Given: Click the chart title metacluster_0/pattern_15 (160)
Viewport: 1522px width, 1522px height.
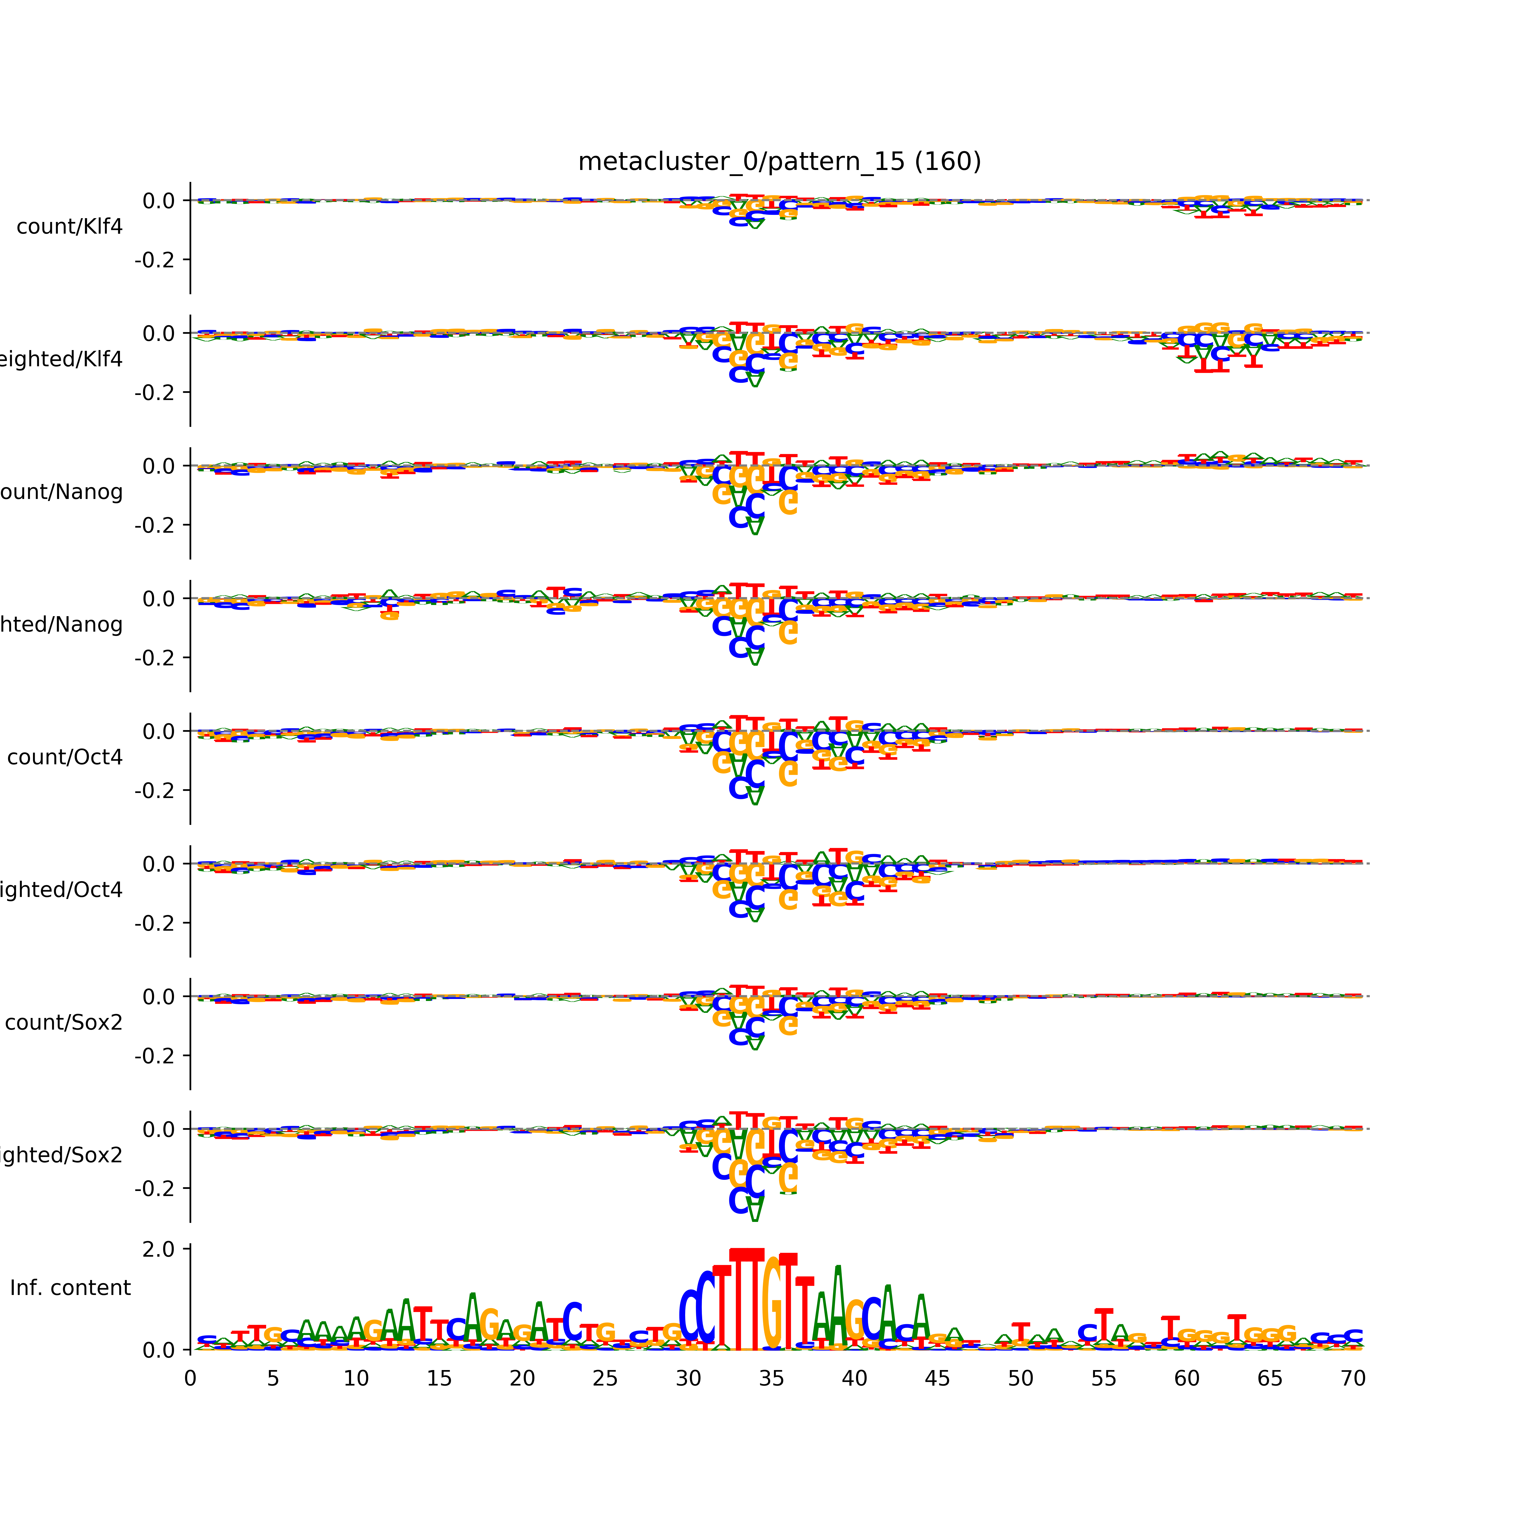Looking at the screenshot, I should pyautogui.click(x=779, y=162).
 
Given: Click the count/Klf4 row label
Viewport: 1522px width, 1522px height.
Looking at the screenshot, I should pyautogui.click(x=69, y=227).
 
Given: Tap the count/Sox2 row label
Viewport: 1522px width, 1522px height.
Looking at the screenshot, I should pyautogui.click(x=64, y=1023).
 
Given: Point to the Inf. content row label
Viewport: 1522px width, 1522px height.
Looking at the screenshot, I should pyautogui.click(x=70, y=1288).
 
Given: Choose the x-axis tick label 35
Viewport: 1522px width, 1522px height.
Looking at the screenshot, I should pyautogui.click(x=771, y=1379).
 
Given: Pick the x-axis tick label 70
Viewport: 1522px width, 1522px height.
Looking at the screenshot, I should pyautogui.click(x=1353, y=1379).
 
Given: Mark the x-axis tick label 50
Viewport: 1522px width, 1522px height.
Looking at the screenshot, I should pyautogui.click(x=1020, y=1379).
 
